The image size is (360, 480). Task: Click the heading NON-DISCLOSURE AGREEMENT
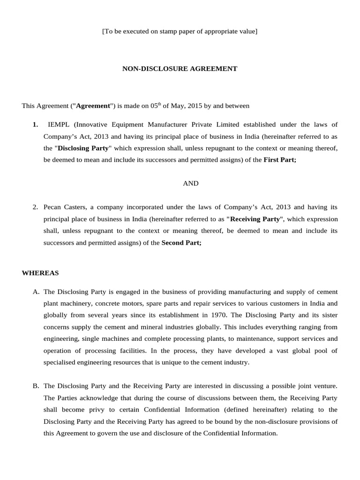click(x=180, y=69)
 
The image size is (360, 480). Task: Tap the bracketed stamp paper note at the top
click(x=180, y=31)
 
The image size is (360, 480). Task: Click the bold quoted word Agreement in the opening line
click(x=93, y=106)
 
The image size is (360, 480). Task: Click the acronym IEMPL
click(x=60, y=124)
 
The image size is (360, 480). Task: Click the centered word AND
click(x=190, y=183)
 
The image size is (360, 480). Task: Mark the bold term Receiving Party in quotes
click(x=255, y=219)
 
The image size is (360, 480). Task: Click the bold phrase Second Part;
click(x=181, y=243)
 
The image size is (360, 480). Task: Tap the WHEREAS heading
click(x=40, y=272)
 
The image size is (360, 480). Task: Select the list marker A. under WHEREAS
click(x=36, y=292)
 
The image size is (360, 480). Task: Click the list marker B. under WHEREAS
click(x=36, y=386)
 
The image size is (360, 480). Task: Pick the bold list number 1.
click(x=35, y=124)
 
